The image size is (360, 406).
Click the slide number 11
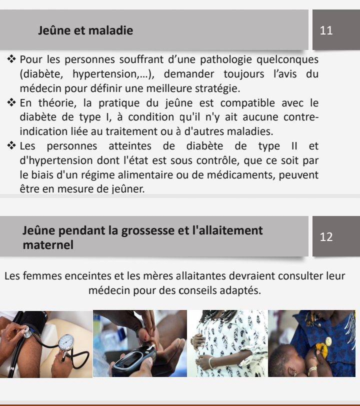pyautogui.click(x=326, y=30)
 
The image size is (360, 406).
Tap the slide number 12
pyautogui.click(x=326, y=237)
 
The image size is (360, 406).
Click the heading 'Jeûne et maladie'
pyautogui.click(x=85, y=30)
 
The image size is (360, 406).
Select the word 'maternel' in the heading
pyautogui.click(x=48, y=245)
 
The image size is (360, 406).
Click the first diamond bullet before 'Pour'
pyautogui.click(x=11, y=59)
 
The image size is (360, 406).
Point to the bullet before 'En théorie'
pyautogui.click(x=11, y=103)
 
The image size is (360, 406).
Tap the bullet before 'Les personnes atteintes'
pyautogui.click(x=11, y=146)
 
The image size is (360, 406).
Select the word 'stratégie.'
pyautogui.click(x=217, y=88)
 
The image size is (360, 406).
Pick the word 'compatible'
pyautogui.click(x=247, y=103)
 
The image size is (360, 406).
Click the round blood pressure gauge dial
pyautogui.click(x=66, y=342)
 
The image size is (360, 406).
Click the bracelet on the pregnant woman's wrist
pyautogui.click(x=211, y=362)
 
